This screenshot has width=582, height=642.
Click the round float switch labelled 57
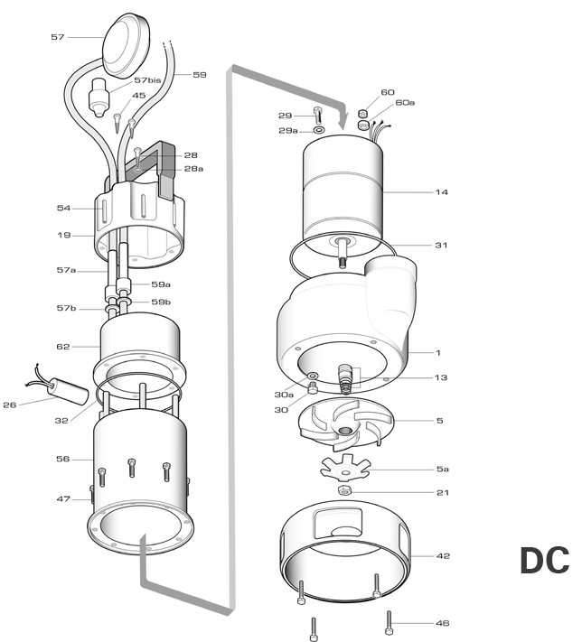[126, 45]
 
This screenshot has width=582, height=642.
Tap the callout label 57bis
[147, 80]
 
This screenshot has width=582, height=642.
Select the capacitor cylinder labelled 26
[68, 391]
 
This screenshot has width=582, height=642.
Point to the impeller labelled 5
[346, 425]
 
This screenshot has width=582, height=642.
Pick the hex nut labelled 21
[344, 489]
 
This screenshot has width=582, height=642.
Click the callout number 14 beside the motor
[441, 192]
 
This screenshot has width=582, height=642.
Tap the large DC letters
[545, 561]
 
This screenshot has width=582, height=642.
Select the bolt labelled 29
[317, 116]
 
